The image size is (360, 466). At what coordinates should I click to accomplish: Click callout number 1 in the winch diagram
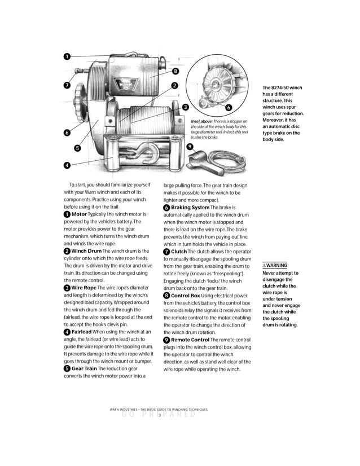[x=67, y=56]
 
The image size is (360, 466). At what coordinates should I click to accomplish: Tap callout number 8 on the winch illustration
[x=175, y=71]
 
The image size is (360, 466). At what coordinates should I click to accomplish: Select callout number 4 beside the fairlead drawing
[x=67, y=165]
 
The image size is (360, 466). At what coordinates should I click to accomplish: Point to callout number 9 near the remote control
[x=190, y=146]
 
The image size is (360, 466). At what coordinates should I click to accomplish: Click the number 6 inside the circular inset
[x=229, y=107]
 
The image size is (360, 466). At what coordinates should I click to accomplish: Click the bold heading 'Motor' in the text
[x=79, y=214]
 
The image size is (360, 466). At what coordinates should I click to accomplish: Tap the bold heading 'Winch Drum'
[x=86, y=251]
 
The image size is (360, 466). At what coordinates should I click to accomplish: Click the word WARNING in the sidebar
[x=276, y=265]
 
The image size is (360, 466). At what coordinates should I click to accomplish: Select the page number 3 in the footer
[x=160, y=415]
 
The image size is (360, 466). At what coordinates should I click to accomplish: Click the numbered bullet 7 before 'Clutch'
[x=166, y=252]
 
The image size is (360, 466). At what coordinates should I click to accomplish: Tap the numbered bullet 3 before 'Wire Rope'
[x=67, y=288]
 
